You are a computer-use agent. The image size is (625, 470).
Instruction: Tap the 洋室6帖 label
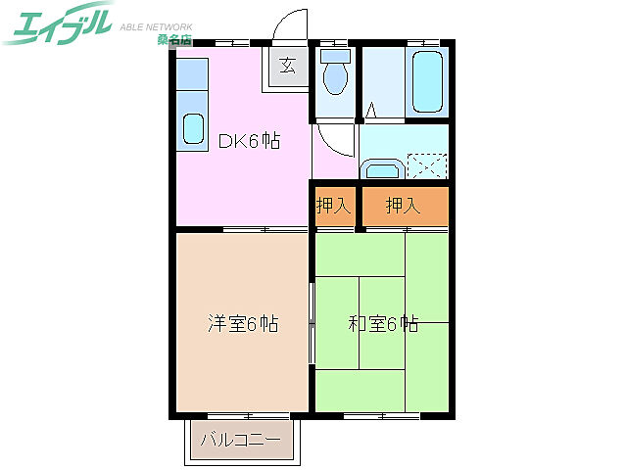coord(242,323)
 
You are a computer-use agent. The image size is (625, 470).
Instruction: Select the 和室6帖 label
coord(383,323)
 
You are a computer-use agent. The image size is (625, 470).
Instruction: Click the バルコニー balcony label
coord(240,440)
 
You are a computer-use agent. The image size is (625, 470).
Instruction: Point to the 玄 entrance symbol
coord(287,67)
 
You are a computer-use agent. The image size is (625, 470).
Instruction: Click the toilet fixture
coord(335,72)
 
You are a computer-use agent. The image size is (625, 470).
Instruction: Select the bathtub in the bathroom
coord(429,82)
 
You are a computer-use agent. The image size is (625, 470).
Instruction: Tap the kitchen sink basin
coord(193,129)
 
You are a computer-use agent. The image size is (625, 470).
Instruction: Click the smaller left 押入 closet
coord(333,206)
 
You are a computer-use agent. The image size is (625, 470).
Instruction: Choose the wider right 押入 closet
coord(403,206)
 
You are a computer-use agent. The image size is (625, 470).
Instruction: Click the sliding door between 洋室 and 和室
coord(312,323)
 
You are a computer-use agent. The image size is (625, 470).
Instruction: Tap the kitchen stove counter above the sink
coord(193,76)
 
